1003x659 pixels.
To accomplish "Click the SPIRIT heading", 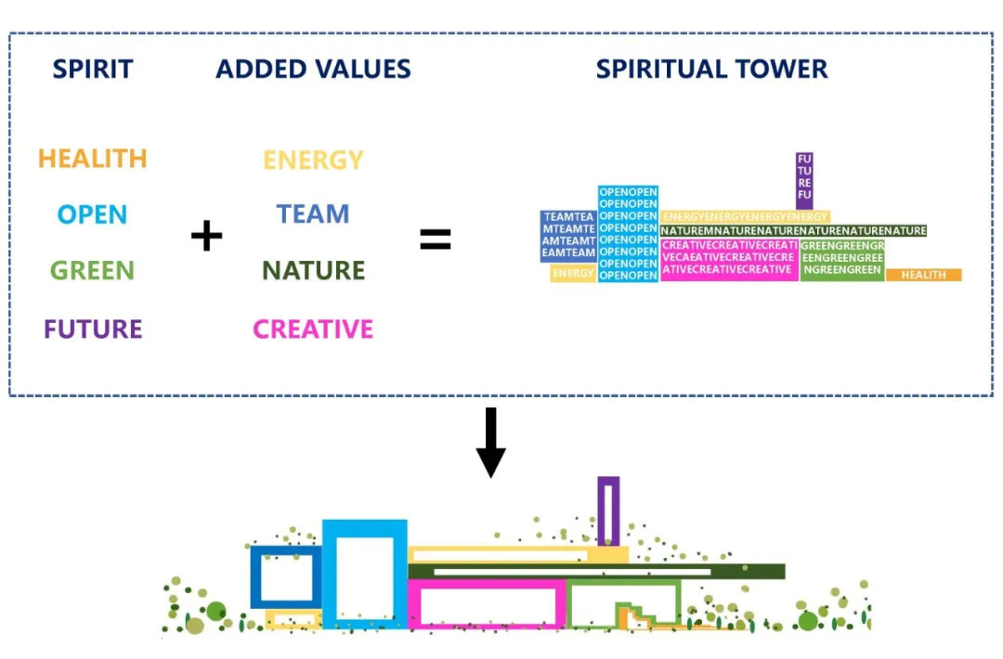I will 92,69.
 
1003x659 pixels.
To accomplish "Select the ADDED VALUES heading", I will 313,69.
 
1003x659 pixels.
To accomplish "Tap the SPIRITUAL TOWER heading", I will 711,69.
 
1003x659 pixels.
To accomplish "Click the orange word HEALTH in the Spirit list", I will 92,159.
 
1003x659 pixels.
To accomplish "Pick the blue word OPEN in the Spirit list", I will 92,215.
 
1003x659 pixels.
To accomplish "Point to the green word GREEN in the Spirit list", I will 92,271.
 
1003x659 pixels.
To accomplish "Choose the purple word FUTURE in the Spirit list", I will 93,329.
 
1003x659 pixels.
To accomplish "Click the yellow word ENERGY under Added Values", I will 313,160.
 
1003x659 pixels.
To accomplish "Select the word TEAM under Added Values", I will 313,214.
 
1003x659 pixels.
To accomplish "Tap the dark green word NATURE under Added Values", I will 313,271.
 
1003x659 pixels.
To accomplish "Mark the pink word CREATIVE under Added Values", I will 313,329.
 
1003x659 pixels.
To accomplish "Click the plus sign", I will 206,237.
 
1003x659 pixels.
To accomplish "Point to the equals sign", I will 435,239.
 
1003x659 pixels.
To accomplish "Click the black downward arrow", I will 490,443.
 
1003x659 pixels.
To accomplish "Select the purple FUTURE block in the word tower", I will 804,181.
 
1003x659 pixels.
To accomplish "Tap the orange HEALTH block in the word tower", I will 923,275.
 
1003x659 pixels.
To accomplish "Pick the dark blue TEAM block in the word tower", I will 568,235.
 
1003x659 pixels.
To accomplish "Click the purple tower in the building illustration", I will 608,510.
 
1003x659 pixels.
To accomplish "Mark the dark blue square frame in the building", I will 285,577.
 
